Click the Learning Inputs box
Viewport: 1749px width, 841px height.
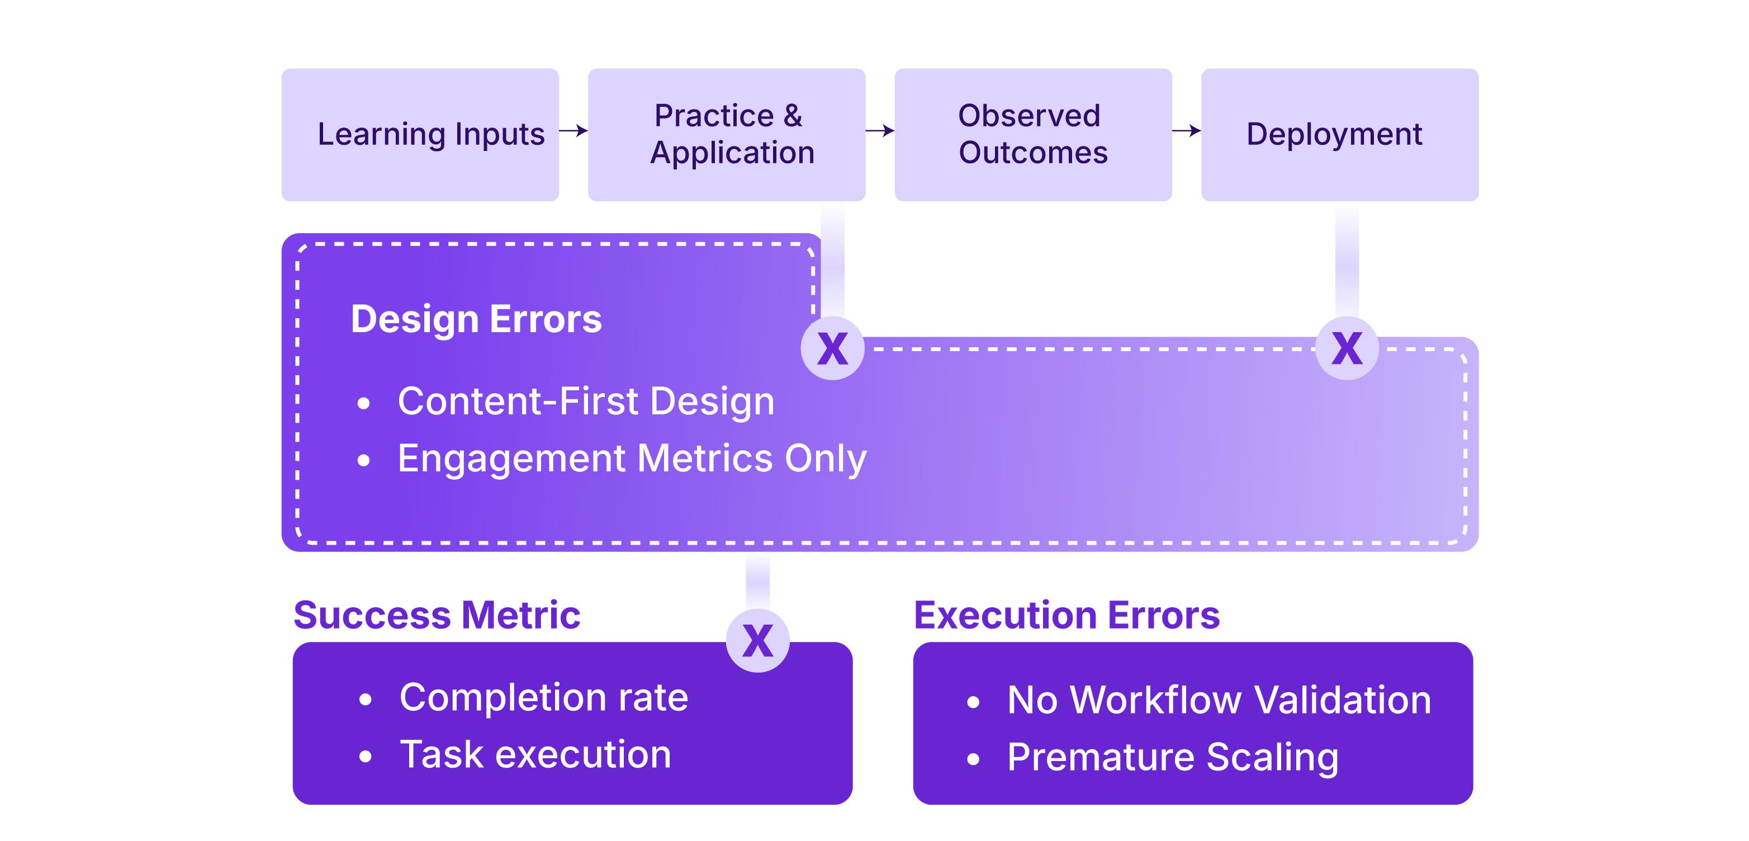pos(420,135)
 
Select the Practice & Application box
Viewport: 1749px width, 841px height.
pos(727,135)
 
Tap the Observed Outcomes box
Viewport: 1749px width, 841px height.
pos(1034,135)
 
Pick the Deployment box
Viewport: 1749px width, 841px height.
pos(1340,135)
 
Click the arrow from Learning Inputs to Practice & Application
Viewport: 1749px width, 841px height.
pos(573,130)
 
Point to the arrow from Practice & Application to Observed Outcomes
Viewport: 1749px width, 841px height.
pos(880,130)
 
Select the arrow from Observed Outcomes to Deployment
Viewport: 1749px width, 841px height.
pos(1187,130)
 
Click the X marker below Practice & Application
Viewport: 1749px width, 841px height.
pos(832,348)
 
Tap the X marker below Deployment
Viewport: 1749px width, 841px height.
pos(1347,348)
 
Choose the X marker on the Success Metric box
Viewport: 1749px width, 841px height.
pos(758,641)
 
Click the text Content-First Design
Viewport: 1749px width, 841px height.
pos(586,401)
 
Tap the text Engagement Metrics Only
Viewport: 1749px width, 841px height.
pos(632,459)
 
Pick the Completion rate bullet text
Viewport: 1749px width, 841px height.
pos(544,698)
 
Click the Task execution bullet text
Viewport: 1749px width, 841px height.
pos(535,755)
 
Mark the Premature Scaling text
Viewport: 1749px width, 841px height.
pos(1173,758)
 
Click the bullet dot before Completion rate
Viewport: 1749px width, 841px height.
pos(365,699)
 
